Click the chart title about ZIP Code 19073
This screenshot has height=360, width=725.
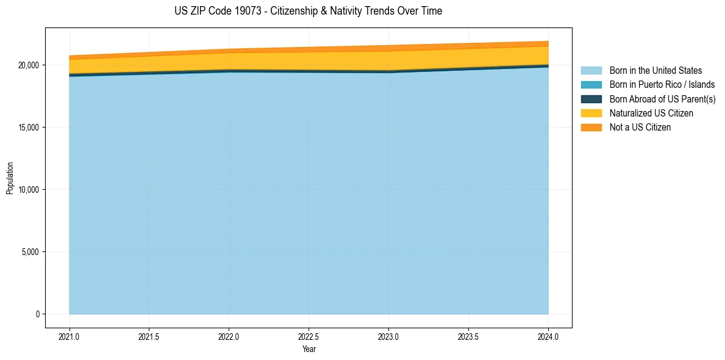coord(309,11)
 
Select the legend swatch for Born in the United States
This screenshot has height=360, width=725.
coord(591,71)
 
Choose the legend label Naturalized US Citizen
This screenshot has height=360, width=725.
coord(651,113)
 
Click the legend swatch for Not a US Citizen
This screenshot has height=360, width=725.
coord(591,127)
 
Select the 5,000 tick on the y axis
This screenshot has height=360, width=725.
coord(29,252)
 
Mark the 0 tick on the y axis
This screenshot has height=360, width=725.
coord(37,314)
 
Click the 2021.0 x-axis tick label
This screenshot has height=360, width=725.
coord(70,336)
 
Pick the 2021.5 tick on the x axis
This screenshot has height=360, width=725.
coord(149,336)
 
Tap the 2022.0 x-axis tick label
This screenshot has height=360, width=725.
coord(229,336)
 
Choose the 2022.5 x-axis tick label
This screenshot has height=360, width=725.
coord(309,336)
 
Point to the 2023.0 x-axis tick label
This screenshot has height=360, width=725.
coord(389,336)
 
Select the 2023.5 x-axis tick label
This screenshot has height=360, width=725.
coord(469,336)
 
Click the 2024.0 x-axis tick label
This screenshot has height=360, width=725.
coord(549,336)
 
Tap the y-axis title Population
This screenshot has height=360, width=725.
coord(10,178)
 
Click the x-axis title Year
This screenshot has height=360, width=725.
coord(309,349)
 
